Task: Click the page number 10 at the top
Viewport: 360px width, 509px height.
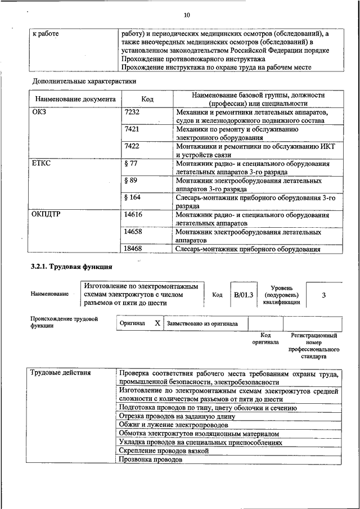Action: [x=187, y=15]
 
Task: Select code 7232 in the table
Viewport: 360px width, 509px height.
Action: [x=132, y=112]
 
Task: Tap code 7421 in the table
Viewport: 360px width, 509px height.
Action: [x=132, y=129]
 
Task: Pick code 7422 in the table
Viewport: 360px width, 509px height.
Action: [x=132, y=146]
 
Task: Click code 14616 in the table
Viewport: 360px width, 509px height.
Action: [x=133, y=215]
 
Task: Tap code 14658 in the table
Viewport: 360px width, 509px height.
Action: [x=133, y=232]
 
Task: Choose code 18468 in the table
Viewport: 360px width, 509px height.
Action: [x=133, y=249]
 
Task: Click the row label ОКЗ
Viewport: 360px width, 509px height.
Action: [x=40, y=112]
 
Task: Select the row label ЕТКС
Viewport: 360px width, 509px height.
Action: [x=42, y=164]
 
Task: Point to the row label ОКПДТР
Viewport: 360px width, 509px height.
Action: [x=48, y=215]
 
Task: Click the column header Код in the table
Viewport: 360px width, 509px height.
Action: [x=147, y=99]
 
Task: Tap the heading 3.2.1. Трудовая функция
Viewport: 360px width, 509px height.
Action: [x=72, y=266]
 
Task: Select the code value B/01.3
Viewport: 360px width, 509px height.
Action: [x=244, y=294]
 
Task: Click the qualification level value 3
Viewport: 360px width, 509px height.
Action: [x=323, y=295]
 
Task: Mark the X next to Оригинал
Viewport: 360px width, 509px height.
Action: [x=157, y=323]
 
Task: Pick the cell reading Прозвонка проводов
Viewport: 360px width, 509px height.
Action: [x=151, y=460]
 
